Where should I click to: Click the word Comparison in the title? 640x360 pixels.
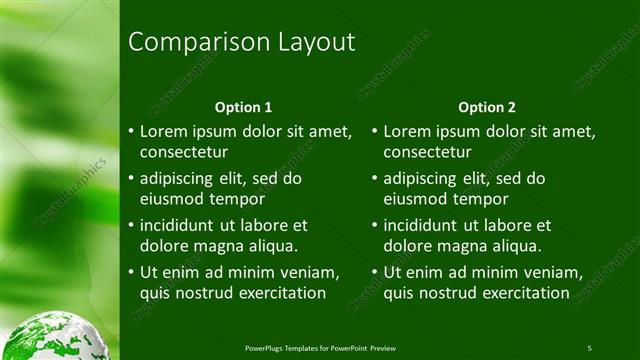(x=184, y=42)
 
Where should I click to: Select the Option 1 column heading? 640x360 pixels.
(x=244, y=107)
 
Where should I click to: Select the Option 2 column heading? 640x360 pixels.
(x=487, y=107)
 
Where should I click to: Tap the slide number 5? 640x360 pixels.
(x=590, y=348)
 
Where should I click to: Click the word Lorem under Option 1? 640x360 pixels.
(x=163, y=131)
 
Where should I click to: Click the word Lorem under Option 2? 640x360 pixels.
(x=407, y=131)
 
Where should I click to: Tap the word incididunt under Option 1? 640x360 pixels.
(x=182, y=226)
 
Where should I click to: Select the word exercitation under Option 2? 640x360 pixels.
(x=520, y=292)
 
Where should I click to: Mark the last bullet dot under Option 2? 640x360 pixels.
(x=374, y=273)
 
